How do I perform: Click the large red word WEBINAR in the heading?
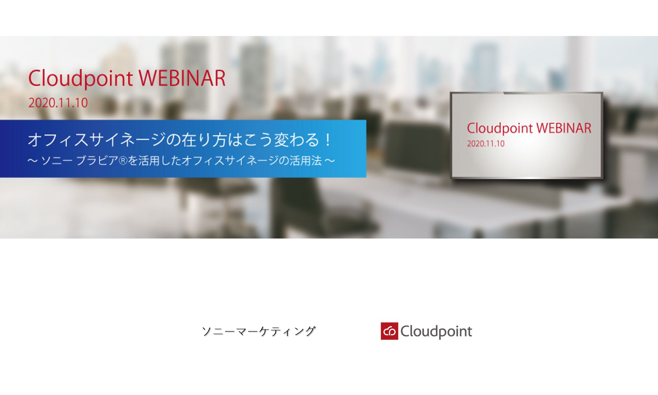click(x=182, y=78)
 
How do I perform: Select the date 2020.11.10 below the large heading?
click(x=58, y=103)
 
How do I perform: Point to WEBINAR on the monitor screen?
click(x=564, y=128)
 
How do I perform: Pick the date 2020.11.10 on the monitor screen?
click(x=486, y=144)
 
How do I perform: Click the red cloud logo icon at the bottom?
click(x=389, y=331)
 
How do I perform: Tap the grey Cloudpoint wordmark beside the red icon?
click(x=436, y=332)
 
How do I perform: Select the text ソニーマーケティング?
click(x=259, y=331)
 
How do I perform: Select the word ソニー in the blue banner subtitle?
click(x=57, y=161)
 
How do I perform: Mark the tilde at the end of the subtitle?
click(x=330, y=161)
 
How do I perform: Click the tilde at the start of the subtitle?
click(x=32, y=161)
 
